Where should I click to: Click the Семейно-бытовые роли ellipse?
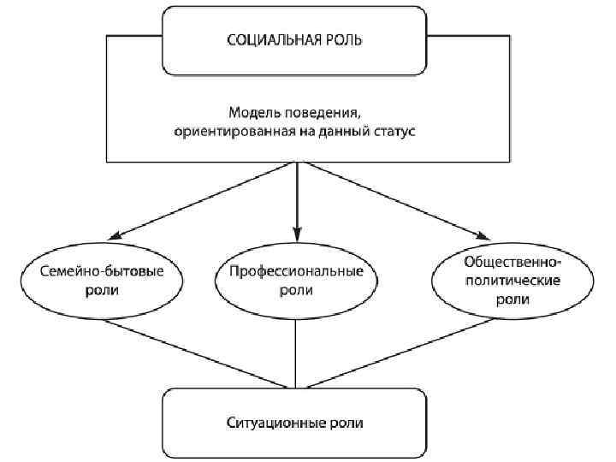(103, 281)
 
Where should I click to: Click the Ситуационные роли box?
(296, 423)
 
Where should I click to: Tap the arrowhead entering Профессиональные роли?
(296, 233)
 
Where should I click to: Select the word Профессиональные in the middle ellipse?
(296, 271)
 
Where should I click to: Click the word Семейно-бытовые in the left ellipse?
(103, 271)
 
